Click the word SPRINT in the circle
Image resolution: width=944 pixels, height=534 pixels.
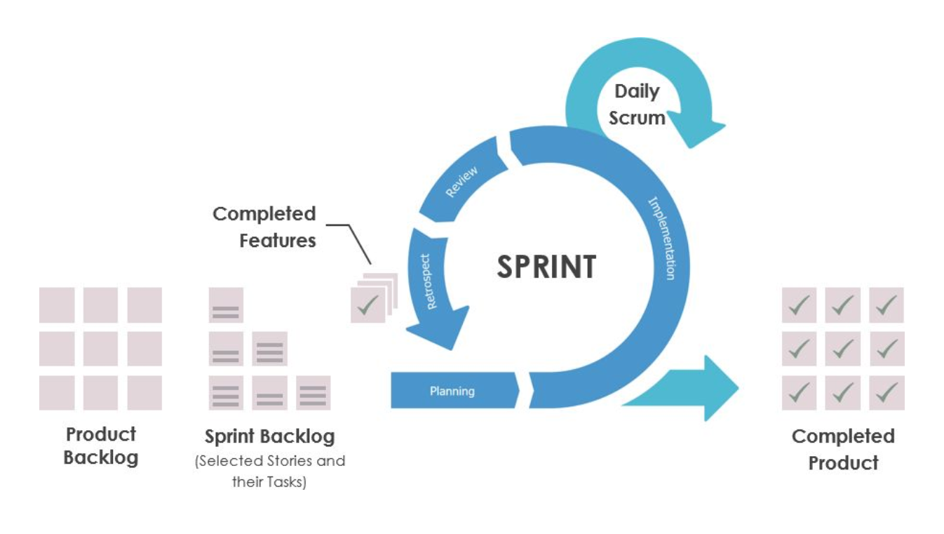[x=546, y=267]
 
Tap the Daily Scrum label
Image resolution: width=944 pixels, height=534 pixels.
[x=637, y=105]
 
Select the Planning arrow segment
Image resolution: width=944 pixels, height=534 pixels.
[x=453, y=391]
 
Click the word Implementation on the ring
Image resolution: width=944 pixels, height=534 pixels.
[x=663, y=239]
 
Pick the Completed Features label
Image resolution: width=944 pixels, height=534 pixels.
[x=265, y=227]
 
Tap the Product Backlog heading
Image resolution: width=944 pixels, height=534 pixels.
[x=101, y=446]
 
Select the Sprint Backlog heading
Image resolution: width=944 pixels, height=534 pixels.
[x=270, y=436]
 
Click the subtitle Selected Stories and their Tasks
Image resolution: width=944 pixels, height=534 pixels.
[x=270, y=472]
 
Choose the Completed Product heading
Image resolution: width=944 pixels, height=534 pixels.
[x=843, y=449]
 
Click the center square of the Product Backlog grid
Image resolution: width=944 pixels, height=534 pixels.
[x=100, y=349]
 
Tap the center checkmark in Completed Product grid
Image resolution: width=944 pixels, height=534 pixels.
[x=842, y=349]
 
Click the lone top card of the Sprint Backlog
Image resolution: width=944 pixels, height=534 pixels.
[x=226, y=305]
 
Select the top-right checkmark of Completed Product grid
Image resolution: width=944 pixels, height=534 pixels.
[x=886, y=305]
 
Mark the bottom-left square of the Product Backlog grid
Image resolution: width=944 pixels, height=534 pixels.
[x=57, y=393]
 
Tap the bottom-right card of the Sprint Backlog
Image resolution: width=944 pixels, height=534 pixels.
[x=313, y=393]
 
